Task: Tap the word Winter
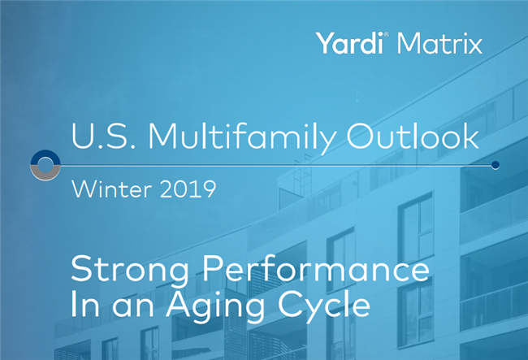click(111, 191)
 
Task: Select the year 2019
click(187, 191)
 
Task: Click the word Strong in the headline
click(122, 269)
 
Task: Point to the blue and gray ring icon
click(45, 165)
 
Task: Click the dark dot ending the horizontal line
click(496, 165)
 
